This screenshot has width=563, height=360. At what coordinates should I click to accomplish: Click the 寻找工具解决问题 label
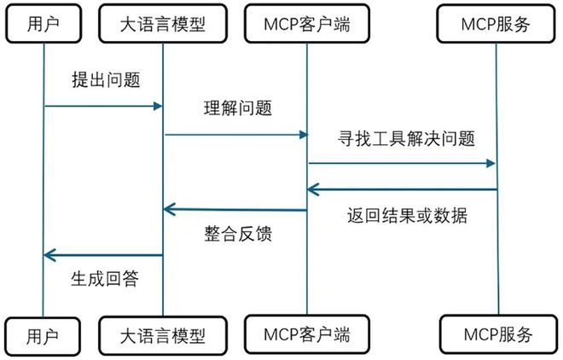(x=400, y=137)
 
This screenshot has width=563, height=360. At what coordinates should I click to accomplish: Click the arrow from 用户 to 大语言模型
(x=102, y=106)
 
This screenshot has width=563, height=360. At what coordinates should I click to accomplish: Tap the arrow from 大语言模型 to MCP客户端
(x=235, y=134)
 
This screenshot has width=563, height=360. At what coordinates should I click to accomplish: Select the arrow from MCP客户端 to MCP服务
(x=401, y=163)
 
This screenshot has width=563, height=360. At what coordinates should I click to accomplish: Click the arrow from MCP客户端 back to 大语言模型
(x=235, y=209)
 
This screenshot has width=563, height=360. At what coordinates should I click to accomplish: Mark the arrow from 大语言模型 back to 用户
(x=102, y=254)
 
